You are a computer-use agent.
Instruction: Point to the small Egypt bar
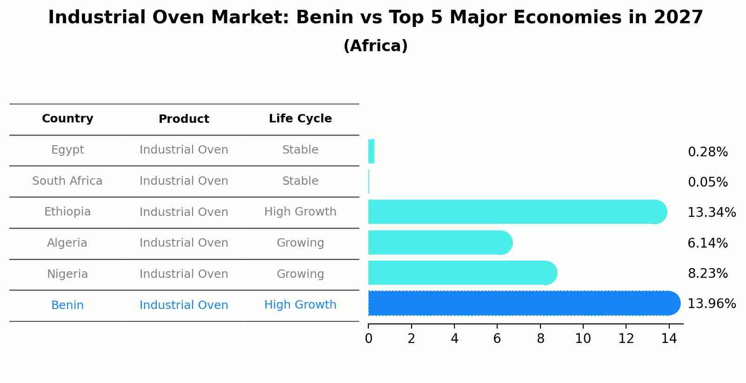371,152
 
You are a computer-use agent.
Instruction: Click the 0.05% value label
707,182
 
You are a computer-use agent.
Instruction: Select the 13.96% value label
711,304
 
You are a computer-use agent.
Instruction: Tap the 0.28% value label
707,152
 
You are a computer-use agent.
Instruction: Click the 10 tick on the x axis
583,339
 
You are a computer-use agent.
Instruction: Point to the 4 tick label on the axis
454,339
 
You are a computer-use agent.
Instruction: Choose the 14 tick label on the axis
669,339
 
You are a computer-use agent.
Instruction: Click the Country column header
67,119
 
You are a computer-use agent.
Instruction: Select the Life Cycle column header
300,119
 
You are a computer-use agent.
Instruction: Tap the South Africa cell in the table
67,181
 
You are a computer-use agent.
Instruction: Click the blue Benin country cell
67,305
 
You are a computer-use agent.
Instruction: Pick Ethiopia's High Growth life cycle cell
300,212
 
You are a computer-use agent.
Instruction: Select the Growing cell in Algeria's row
300,243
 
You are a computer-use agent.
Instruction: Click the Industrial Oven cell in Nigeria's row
184,274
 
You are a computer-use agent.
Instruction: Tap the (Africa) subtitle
375,46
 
